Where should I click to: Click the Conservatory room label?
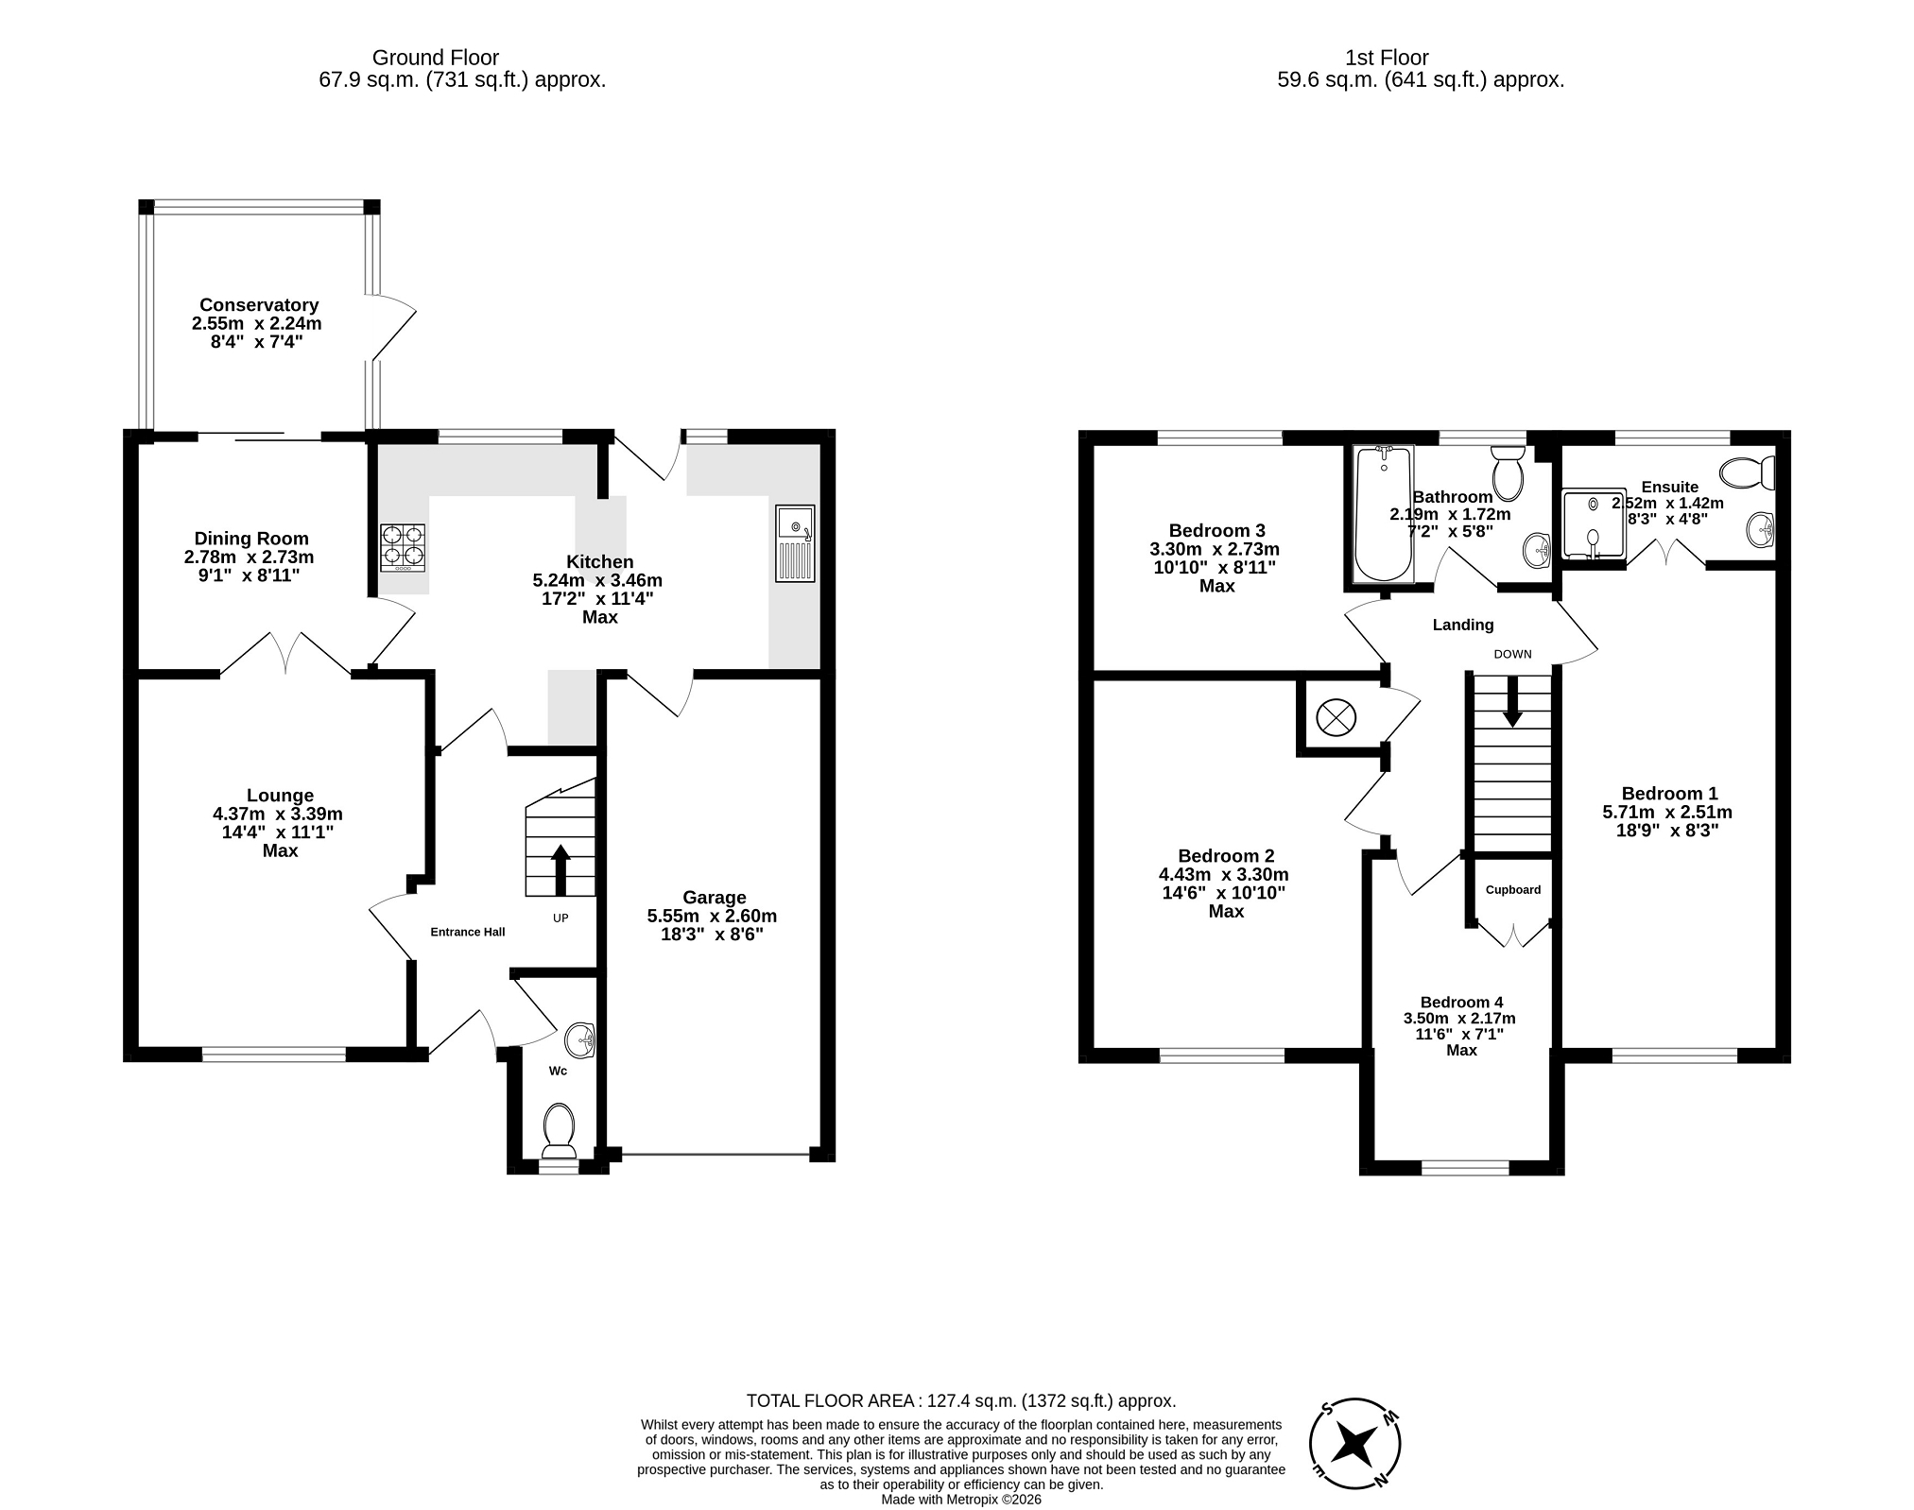259,305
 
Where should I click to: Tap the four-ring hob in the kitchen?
403,548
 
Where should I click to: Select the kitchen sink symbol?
795,543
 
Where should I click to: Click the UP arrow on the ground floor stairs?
560,870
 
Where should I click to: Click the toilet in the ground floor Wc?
560,1131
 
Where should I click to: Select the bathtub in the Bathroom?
1385,515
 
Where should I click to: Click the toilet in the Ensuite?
1748,472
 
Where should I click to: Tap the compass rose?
1355,1444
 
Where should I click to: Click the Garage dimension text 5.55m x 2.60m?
712,916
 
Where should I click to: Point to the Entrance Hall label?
468,932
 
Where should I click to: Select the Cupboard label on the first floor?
1513,889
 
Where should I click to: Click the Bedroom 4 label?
1461,1002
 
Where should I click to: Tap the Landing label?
1463,625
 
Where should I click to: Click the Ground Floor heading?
436,58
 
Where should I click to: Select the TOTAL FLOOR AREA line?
961,1400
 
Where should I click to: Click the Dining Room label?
251,539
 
